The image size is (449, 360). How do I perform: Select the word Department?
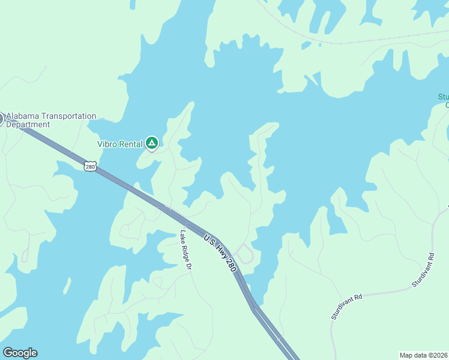coord(28,125)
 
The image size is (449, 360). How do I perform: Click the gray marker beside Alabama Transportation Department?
coord(1,119)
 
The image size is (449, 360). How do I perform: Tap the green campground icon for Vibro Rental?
coord(152,143)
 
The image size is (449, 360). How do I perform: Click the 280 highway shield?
coord(90,166)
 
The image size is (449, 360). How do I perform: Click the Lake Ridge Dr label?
coord(185,250)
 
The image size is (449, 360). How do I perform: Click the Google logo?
coord(20,353)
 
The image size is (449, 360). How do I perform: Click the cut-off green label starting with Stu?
coord(444,101)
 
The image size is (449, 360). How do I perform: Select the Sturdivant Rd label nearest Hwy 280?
coord(347,306)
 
